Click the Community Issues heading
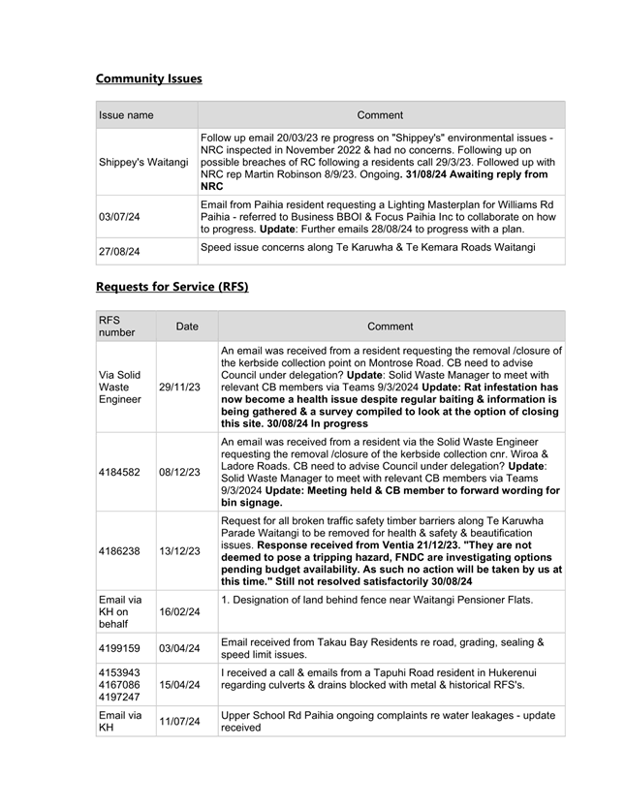148,78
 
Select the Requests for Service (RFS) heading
172,287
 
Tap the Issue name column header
126,115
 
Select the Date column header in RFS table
186,326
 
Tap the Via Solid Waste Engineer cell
120,387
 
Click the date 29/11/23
180,387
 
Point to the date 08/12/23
180,473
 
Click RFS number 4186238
119,551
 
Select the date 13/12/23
180,551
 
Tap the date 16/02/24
180,612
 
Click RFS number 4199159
119,647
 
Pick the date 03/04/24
180,647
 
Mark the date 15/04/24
180,684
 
